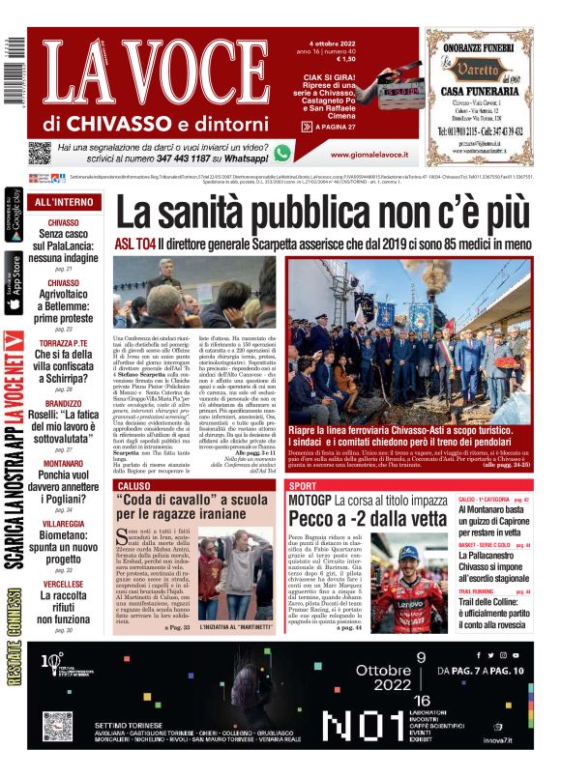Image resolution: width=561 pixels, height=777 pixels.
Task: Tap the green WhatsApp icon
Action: [282, 153]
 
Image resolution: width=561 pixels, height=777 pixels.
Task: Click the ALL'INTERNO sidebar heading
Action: [64, 202]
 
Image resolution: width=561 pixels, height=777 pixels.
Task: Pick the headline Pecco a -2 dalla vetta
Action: [357, 520]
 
